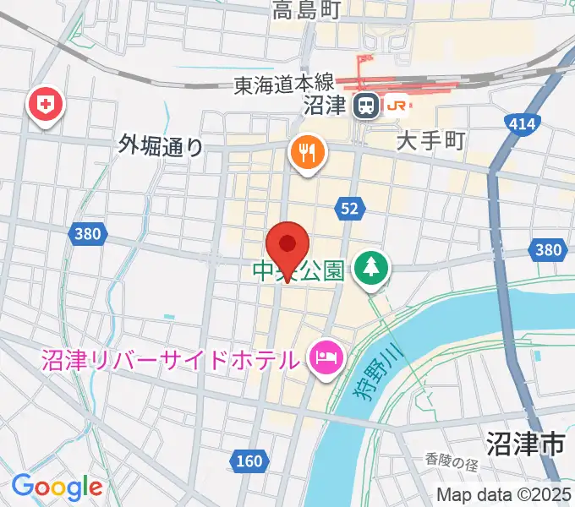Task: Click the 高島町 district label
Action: pyautogui.click(x=305, y=10)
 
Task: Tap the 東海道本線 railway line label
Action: pyautogui.click(x=285, y=84)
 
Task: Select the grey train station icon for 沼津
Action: pyautogui.click(x=366, y=106)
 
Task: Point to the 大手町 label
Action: pyautogui.click(x=431, y=140)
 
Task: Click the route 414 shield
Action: pyautogui.click(x=523, y=125)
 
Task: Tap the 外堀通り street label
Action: pyautogui.click(x=162, y=146)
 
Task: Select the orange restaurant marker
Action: pyautogui.click(x=307, y=153)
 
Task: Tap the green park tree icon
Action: pyautogui.click(x=370, y=269)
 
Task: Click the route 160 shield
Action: pyautogui.click(x=249, y=461)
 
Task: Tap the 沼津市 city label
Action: pyautogui.click(x=524, y=443)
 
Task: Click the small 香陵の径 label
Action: pyautogui.click(x=452, y=461)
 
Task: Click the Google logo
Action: pyautogui.click(x=57, y=487)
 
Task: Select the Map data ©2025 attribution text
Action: pyautogui.click(x=504, y=494)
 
